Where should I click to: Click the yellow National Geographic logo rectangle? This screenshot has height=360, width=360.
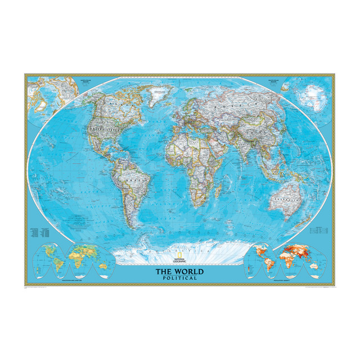point(180,258)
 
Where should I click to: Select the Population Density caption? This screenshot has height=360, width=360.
point(301,279)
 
